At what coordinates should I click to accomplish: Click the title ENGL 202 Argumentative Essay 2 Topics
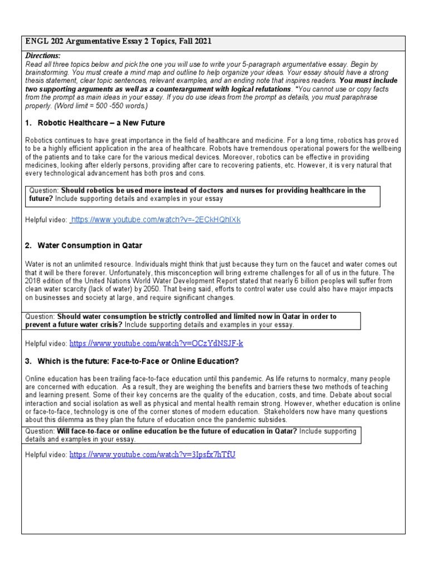118,42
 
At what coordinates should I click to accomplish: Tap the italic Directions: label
43,56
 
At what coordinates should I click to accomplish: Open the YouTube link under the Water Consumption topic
156,343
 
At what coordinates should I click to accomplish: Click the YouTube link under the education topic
152,454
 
